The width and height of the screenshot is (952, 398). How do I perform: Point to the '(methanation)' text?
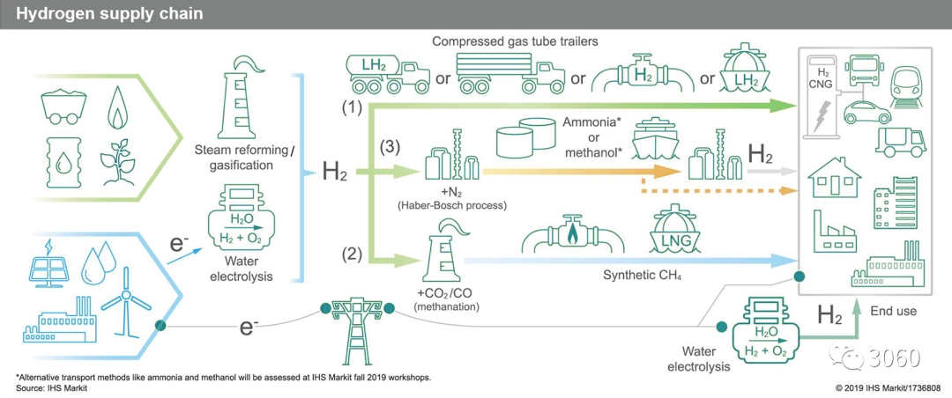coord(446,306)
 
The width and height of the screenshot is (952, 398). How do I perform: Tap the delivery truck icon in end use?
coord(900,141)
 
